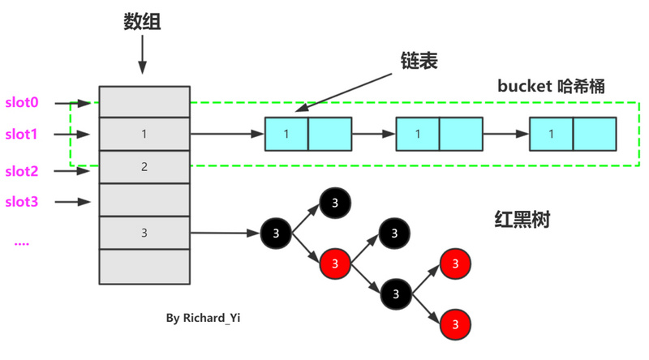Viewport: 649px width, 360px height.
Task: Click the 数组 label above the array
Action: tap(142, 23)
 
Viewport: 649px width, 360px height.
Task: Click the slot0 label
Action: tap(23, 103)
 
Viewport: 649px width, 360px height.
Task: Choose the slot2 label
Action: tap(23, 171)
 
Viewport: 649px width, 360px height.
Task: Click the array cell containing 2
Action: tap(144, 167)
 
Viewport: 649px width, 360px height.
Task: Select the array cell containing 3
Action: tap(144, 233)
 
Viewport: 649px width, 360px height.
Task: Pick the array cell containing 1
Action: tap(144, 135)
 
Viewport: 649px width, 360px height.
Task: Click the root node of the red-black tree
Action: tap(276, 234)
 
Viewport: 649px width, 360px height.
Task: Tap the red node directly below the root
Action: tap(336, 264)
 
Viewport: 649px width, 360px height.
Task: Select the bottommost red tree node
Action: tap(456, 324)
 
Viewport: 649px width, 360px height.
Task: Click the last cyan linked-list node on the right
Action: tap(574, 135)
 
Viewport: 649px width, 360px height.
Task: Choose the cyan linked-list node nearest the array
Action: tap(308, 135)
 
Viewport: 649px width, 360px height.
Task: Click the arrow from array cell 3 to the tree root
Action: tap(225, 234)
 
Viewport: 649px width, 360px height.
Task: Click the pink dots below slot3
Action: tap(22, 242)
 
